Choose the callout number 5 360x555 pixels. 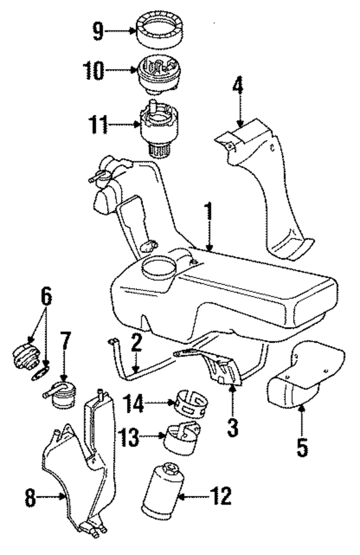[x=302, y=447]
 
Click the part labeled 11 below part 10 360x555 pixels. [x=158, y=127]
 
